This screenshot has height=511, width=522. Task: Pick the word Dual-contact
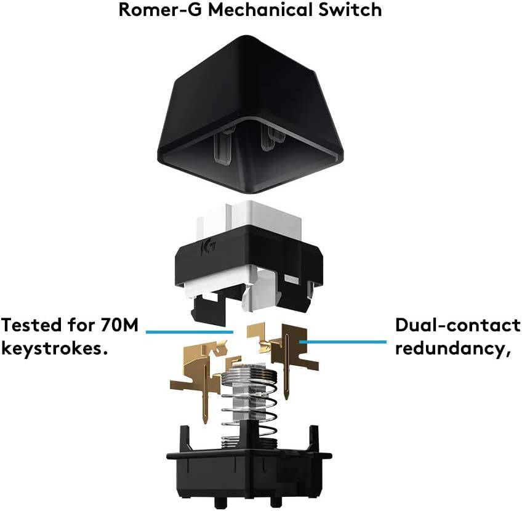tap(457, 324)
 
